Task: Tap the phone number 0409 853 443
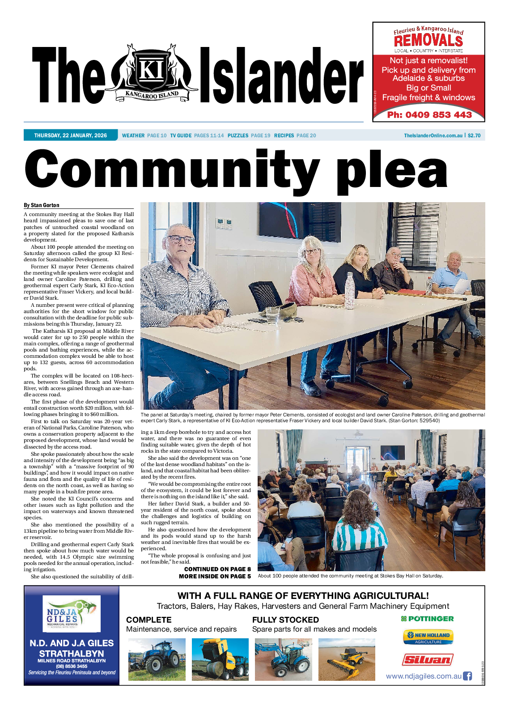tap(429, 115)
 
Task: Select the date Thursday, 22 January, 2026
tap(71, 136)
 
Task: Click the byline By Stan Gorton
tap(42, 205)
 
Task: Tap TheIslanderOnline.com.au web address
tap(433, 136)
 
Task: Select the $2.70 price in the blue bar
tap(474, 136)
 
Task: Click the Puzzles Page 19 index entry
tap(249, 136)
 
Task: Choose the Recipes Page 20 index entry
tap(295, 136)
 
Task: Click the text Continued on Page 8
tap(217, 569)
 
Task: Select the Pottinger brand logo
tap(427, 619)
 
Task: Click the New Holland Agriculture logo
tap(428, 637)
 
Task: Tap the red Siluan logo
tap(428, 659)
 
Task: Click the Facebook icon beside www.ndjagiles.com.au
tap(467, 676)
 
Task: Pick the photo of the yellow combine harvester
tap(347, 659)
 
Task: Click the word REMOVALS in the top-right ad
tap(428, 41)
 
